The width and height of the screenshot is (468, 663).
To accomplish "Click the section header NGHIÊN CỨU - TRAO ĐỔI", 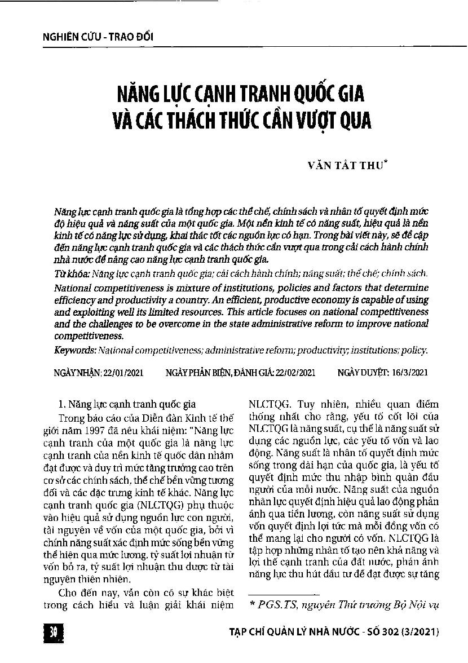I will (x=98, y=37).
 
